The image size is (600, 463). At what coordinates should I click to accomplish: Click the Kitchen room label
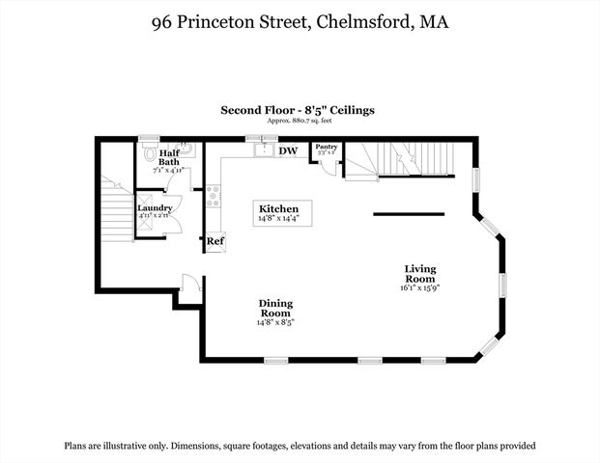click(278, 209)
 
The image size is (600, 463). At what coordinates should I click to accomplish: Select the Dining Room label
click(275, 309)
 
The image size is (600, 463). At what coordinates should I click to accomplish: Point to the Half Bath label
click(169, 157)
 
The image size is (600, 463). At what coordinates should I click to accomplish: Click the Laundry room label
click(155, 208)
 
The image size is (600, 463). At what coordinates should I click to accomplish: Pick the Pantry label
click(325, 147)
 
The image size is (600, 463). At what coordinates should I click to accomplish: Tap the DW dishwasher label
click(288, 151)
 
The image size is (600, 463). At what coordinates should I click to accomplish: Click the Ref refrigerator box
click(215, 242)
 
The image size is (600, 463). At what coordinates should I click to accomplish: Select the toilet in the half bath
click(149, 154)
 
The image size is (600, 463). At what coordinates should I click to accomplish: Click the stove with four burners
click(212, 199)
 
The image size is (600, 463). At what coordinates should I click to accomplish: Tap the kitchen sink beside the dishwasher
click(260, 150)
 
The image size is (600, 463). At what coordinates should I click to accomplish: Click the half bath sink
click(186, 150)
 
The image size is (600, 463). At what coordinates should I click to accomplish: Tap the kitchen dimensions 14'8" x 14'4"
click(278, 220)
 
